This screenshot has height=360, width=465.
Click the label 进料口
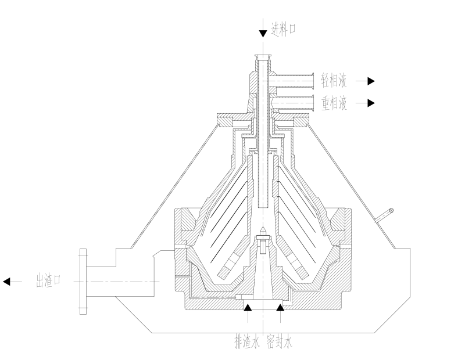(x=283, y=30)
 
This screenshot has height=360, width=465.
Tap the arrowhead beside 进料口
(x=263, y=34)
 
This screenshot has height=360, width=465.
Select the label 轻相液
(x=334, y=81)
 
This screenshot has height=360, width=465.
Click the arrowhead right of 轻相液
(x=371, y=81)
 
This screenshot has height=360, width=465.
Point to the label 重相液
(x=334, y=103)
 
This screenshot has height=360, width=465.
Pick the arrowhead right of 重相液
(x=371, y=103)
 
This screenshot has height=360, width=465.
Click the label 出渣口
(x=48, y=280)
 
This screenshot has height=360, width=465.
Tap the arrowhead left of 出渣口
(x=6, y=282)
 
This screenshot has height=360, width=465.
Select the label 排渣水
(x=247, y=342)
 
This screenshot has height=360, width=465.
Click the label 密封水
(x=280, y=342)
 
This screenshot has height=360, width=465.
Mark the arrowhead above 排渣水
(x=248, y=308)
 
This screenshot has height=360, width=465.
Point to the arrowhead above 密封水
(x=280, y=308)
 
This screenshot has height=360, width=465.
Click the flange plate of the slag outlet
(x=83, y=282)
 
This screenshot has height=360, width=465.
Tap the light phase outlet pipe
(x=294, y=81)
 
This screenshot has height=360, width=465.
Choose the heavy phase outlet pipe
(x=294, y=103)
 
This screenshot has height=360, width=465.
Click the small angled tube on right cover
(x=384, y=215)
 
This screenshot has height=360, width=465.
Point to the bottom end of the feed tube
(x=263, y=207)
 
